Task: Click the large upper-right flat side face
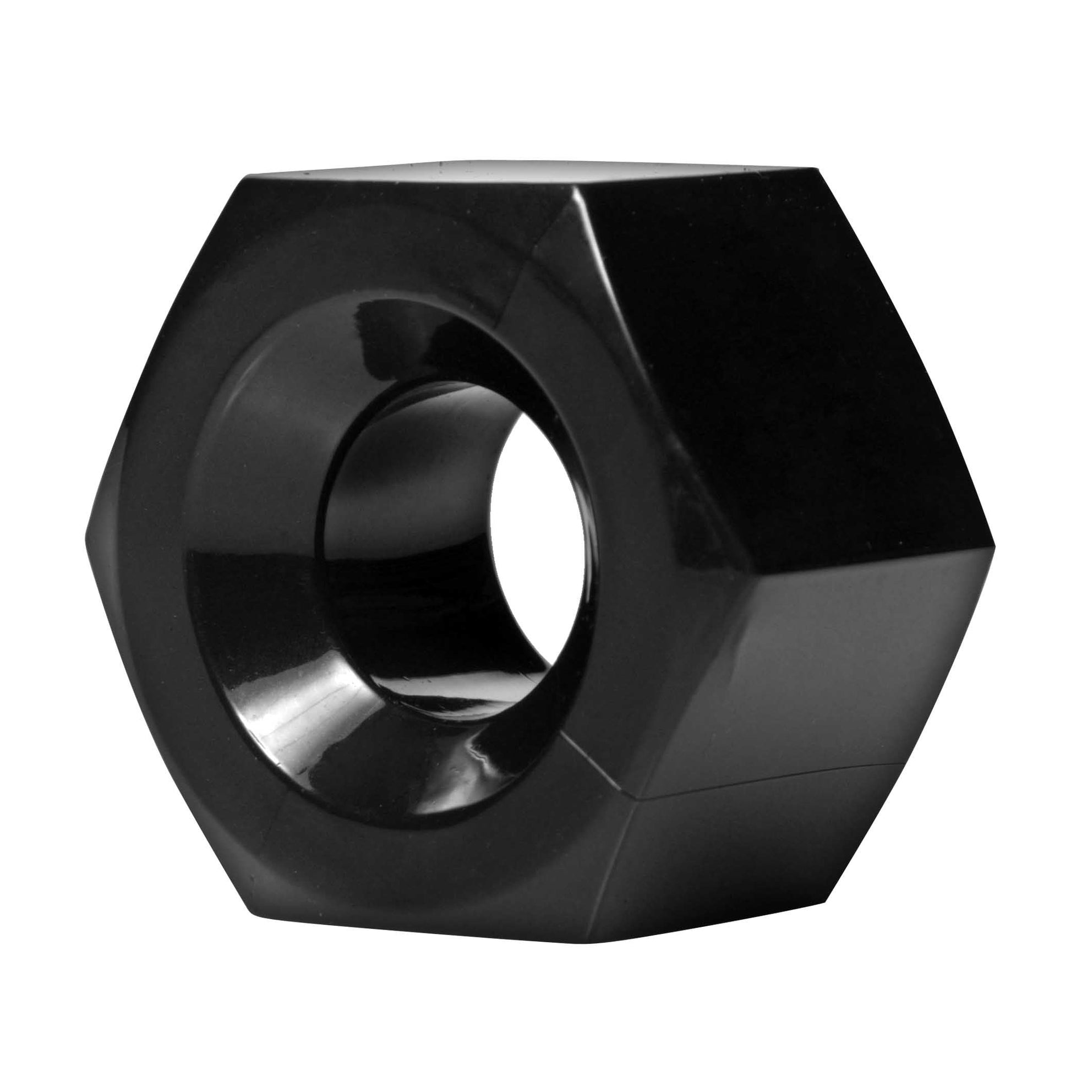(x=787, y=355)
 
